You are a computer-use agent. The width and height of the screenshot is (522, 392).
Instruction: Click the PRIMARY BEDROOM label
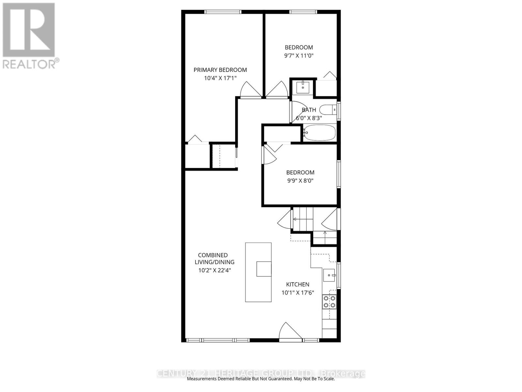coord(220,70)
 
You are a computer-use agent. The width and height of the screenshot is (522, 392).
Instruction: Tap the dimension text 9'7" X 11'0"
coord(299,56)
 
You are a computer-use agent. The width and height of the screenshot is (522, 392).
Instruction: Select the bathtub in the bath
coord(319,133)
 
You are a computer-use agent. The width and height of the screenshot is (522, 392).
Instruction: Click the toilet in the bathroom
coord(328,109)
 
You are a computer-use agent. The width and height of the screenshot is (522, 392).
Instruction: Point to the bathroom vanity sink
coord(303,87)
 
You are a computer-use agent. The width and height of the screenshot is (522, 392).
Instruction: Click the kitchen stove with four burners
coord(329,302)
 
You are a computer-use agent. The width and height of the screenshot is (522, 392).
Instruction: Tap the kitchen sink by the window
coord(329,275)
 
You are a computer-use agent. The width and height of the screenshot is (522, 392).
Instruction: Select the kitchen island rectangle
coord(258,272)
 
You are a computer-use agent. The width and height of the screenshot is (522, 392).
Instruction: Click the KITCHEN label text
coord(298,285)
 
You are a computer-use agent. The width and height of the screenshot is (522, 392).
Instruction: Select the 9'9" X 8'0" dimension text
coord(300,181)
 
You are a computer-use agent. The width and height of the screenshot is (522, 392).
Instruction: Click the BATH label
coord(309,110)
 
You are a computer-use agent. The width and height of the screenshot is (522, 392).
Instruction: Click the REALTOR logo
coord(29,30)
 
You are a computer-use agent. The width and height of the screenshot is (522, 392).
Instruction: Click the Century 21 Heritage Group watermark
coord(261,373)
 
